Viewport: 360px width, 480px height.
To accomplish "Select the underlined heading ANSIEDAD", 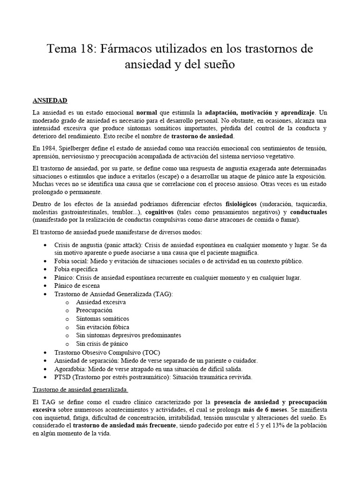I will [50, 100].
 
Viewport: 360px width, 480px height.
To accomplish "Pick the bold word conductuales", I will [305, 212].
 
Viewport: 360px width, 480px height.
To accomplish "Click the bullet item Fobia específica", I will [75, 269].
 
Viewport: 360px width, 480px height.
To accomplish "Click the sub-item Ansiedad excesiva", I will [101, 302].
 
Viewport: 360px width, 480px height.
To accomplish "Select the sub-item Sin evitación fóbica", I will [103, 327].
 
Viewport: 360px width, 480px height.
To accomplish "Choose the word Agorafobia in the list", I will [69, 368].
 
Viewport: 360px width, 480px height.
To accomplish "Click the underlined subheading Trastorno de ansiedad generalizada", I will [80, 389].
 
